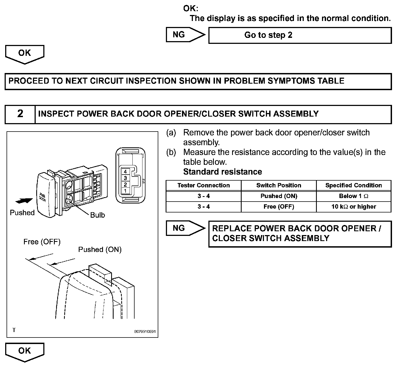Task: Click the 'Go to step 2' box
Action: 300,35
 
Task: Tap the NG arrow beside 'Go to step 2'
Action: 186,35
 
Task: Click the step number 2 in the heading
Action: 20,114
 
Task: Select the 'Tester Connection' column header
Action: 203,185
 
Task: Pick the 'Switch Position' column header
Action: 279,185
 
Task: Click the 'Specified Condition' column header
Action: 354,185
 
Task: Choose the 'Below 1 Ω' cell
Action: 354,196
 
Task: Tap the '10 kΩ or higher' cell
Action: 354,206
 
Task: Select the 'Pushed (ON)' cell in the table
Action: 279,196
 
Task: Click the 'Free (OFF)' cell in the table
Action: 279,206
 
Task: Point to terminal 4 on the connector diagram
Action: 125,172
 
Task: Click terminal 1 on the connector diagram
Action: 125,191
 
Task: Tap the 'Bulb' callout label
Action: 98,215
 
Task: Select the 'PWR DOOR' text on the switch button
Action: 42,197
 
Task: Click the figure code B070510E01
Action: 145,331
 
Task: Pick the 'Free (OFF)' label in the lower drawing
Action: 42,242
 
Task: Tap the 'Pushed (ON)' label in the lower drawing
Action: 100,250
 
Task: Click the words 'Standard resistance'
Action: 223,172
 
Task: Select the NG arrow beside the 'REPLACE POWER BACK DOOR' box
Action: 186,228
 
